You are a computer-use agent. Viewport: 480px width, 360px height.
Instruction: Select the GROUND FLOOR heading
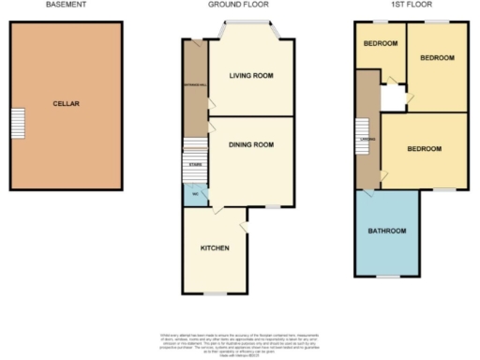point(239,5)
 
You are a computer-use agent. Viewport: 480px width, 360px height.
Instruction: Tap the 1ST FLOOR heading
point(409,5)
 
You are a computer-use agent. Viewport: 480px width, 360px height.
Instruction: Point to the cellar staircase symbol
point(17,122)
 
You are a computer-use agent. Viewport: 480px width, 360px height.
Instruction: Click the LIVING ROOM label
point(251,76)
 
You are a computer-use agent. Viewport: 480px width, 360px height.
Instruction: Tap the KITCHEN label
point(215,247)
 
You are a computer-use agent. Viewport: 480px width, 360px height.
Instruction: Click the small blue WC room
point(194,196)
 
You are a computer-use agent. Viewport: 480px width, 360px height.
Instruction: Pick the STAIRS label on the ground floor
point(194,164)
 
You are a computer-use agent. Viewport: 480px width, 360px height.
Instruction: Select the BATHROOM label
point(386,231)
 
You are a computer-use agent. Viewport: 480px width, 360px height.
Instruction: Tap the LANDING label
point(367,140)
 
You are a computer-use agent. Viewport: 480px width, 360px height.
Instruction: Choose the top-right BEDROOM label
point(436,58)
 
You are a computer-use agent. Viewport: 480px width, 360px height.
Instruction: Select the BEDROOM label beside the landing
point(424,149)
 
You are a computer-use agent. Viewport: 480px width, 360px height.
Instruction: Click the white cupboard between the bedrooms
point(393,97)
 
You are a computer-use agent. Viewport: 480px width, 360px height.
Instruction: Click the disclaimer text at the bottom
point(239,343)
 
